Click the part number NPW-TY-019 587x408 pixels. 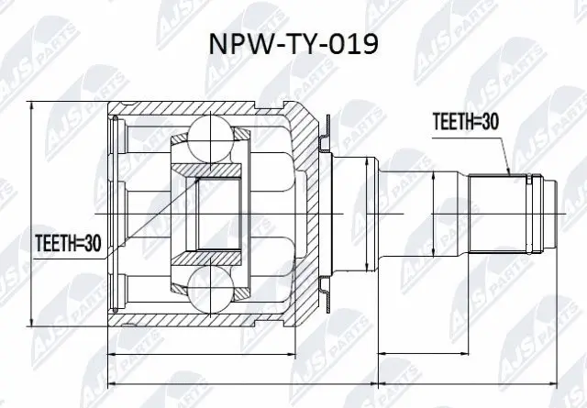click(x=293, y=46)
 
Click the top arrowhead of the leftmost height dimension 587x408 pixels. click(x=35, y=106)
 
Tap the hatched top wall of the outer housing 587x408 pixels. click(x=202, y=110)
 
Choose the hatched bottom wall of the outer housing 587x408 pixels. click(x=202, y=320)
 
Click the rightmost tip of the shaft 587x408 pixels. click(x=560, y=215)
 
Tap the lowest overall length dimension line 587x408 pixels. click(x=335, y=383)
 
